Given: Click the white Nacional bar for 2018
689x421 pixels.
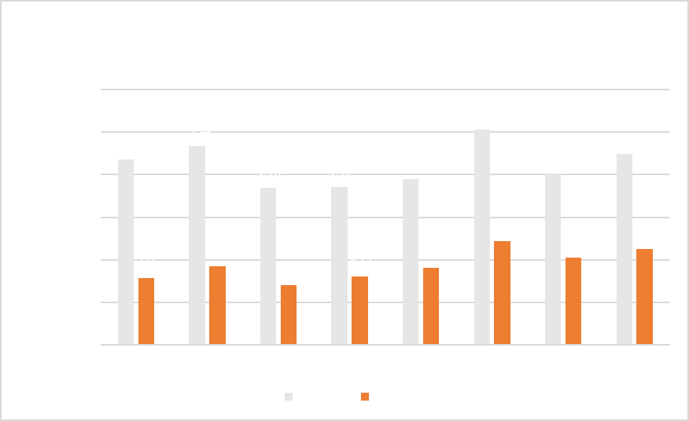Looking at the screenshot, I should [x=483, y=236].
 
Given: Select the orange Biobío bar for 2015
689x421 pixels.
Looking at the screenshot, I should [x=289, y=314].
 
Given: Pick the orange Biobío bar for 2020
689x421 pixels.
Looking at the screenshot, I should [x=645, y=296].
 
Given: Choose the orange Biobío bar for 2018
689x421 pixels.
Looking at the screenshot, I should [x=503, y=292].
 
